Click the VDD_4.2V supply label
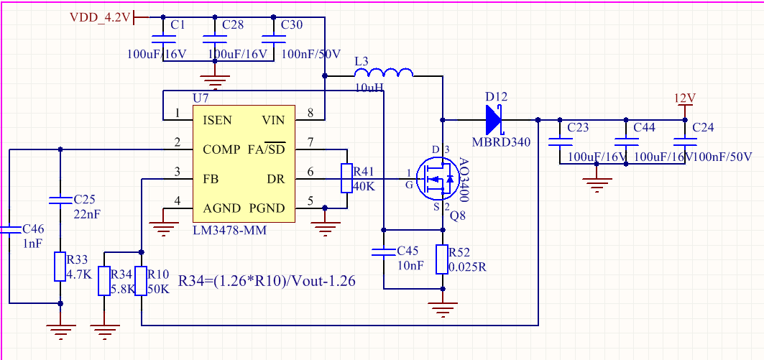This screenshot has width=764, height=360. pyautogui.click(x=101, y=17)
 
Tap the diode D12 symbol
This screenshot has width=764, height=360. pyautogui.click(x=494, y=119)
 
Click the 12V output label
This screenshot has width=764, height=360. pyautogui.click(x=684, y=98)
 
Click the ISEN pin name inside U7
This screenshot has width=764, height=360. pyautogui.click(x=218, y=120)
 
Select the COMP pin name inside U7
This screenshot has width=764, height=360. pyautogui.click(x=221, y=149)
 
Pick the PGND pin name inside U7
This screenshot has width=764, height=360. pyautogui.click(x=267, y=208)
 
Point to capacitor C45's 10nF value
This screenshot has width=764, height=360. pyautogui.click(x=410, y=266)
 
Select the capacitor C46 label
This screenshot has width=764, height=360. pyautogui.click(x=33, y=229)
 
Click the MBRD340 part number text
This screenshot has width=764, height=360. pyautogui.click(x=501, y=142)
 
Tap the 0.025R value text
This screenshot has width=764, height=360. pyautogui.click(x=467, y=267)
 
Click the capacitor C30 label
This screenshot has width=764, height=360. pyautogui.click(x=291, y=25)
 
